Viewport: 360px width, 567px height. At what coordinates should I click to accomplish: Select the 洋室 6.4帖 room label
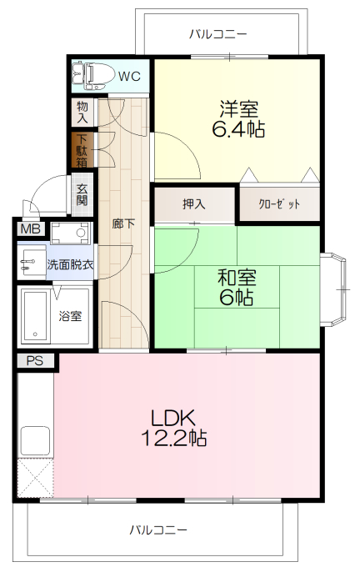pyautogui.click(x=239, y=118)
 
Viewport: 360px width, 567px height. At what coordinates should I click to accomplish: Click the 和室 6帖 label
pyautogui.click(x=237, y=287)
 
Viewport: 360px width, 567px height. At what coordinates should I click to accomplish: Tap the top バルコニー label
pyautogui.click(x=217, y=34)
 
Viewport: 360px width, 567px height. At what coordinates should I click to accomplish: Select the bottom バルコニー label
pyautogui.click(x=158, y=529)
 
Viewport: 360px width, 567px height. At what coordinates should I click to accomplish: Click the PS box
pyautogui.click(x=35, y=361)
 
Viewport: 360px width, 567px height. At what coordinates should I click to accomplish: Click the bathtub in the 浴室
pyautogui.click(x=36, y=315)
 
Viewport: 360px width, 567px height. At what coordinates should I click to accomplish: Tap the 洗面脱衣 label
pyautogui.click(x=70, y=264)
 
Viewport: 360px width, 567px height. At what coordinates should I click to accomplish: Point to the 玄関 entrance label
pyautogui.click(x=82, y=195)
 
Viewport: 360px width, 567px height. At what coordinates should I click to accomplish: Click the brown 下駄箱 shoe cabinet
pyautogui.click(x=82, y=151)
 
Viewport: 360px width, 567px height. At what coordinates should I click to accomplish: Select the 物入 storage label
pyautogui.click(x=82, y=113)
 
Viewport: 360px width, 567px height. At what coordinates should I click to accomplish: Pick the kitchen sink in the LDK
pyautogui.click(x=34, y=439)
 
